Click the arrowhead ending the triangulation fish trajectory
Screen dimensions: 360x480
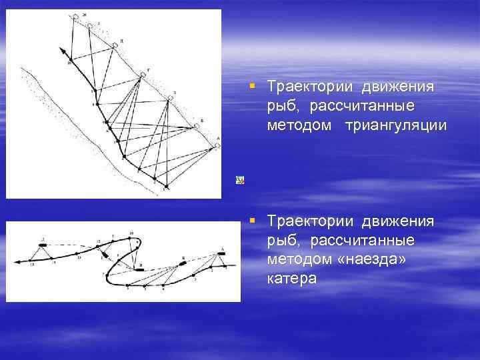click(x=61, y=49)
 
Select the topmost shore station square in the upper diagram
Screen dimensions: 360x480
click(x=75, y=16)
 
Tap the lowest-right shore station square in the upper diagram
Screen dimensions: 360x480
click(x=217, y=147)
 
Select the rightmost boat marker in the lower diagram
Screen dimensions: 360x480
click(x=221, y=254)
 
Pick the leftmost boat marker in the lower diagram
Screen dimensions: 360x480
click(x=43, y=245)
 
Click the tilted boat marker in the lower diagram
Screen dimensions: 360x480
click(x=185, y=263)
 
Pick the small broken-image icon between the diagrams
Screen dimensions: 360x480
click(x=239, y=179)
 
